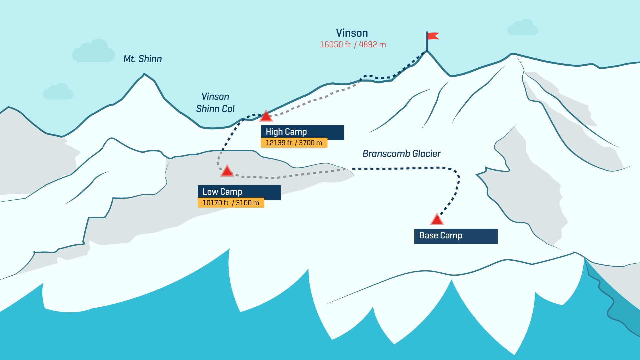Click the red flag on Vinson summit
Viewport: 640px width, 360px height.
[433, 36]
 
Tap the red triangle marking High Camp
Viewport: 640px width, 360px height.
[266, 116]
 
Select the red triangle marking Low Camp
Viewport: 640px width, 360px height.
[227, 171]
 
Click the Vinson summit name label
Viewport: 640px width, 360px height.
[352, 33]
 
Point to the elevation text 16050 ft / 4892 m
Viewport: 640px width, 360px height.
[353, 45]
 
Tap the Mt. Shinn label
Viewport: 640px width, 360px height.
[143, 59]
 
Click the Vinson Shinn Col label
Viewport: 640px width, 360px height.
[215, 103]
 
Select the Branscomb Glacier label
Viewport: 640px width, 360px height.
[401, 154]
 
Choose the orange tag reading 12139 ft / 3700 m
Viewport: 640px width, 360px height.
[294, 143]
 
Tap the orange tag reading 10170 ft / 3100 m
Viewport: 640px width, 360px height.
[231, 203]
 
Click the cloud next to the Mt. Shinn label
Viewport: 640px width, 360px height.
[94, 52]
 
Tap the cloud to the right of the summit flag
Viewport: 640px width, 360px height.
[523, 28]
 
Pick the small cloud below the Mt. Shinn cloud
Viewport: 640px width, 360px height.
[58, 92]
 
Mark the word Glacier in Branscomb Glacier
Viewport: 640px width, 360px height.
[426, 154]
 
